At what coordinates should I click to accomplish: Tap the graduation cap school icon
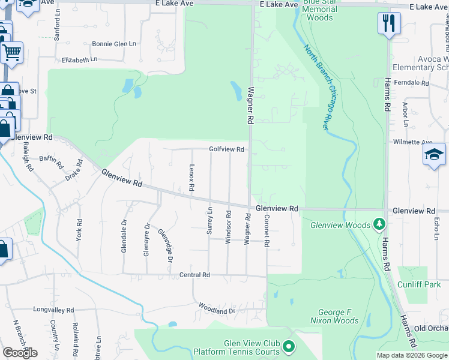point(434,155)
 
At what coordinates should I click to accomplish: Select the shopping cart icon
point(11,52)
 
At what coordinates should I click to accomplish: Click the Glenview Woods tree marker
point(379,224)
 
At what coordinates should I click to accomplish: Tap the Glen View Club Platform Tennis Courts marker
point(289,346)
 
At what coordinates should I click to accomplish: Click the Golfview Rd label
point(226,149)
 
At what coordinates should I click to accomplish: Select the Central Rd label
point(194,275)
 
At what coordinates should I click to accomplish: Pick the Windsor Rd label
point(228,227)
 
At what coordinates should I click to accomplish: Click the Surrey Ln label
point(210,221)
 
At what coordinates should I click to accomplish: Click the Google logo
point(20,352)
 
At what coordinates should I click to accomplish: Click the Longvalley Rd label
point(53,310)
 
